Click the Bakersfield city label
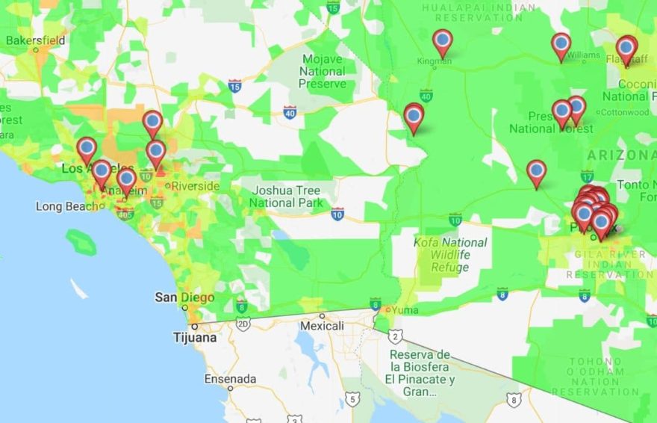click(35, 40)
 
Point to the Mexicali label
click(321, 326)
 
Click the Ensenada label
click(229, 378)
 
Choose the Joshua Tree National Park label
click(287, 197)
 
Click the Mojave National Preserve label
click(323, 71)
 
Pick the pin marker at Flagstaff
click(626, 48)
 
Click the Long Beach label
click(69, 206)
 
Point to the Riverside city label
click(196, 185)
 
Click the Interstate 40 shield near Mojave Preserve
click(290, 112)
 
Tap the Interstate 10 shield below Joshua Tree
click(337, 214)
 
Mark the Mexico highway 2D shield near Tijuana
click(243, 324)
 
